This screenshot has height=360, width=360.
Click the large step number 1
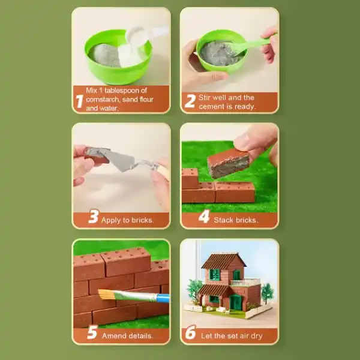[x=79, y=101]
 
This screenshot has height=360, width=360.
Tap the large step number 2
[x=190, y=101]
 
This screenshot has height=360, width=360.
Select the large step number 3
[x=94, y=216]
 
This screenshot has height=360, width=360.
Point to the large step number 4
[x=204, y=217]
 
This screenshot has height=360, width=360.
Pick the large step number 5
[x=92, y=332]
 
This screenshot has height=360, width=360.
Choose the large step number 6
[x=191, y=332]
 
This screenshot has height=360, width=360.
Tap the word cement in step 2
[x=209, y=107]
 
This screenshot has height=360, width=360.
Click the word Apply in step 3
[x=111, y=220]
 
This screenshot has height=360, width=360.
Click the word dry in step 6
[x=256, y=336]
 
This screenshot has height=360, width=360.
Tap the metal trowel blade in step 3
[x=121, y=160]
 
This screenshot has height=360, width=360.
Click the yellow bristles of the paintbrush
[x=106, y=294]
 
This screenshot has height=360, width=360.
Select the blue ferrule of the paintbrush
[x=163, y=298]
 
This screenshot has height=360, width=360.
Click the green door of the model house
[x=235, y=301]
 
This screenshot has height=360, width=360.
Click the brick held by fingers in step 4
[x=229, y=163]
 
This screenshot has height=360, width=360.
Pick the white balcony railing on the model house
[x=245, y=282]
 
